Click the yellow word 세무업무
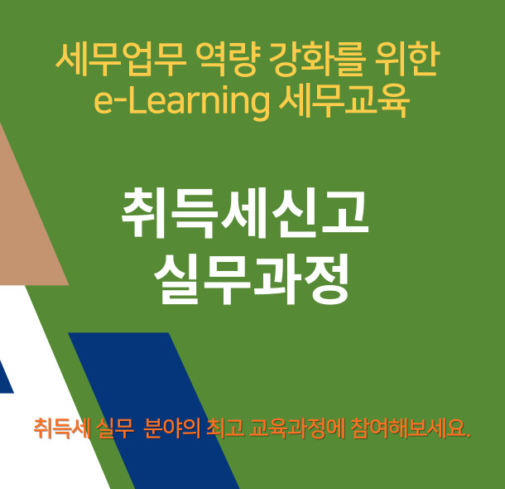pos(121,60)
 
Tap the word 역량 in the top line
pos(228,60)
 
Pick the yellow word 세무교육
pos(344,101)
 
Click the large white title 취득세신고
pos(245,212)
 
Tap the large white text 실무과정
pos(252,279)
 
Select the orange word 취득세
pos(62,428)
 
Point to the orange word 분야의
pos(172,428)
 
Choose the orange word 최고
pos(225,428)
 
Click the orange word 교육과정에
pos(297,428)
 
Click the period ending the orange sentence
pos(469,435)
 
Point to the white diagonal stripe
pos(48,387)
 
